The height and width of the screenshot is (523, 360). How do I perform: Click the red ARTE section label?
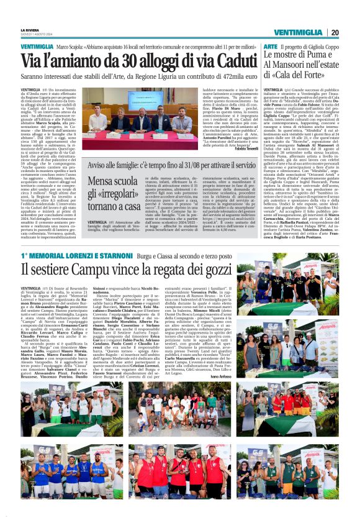click(x=270, y=47)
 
